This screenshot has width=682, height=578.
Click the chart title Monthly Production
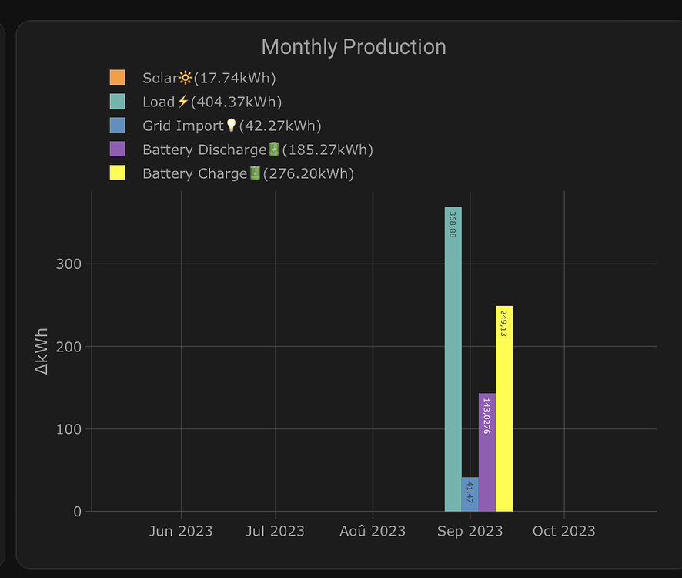[x=353, y=47]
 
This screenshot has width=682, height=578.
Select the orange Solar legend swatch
[x=117, y=78]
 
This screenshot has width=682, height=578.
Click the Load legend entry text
[x=212, y=102]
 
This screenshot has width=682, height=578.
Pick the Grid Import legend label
[x=231, y=126]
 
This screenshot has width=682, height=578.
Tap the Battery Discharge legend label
[x=257, y=150]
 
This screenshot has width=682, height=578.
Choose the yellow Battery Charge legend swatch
[x=117, y=173]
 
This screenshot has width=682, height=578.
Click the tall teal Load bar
[x=453, y=370]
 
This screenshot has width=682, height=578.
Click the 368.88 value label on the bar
[x=453, y=224]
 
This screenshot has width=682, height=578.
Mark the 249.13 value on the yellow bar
[x=504, y=323]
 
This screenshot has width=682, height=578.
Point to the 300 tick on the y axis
[x=69, y=264]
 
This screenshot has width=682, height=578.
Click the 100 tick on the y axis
[x=69, y=429]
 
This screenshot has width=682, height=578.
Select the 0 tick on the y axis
[x=76, y=512]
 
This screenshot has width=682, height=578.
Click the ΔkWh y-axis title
[x=42, y=351]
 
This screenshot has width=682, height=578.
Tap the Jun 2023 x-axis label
[x=181, y=531]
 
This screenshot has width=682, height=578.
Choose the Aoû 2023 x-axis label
[x=373, y=531]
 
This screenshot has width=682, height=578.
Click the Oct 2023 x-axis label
[x=564, y=531]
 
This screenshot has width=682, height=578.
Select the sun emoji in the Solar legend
[x=185, y=78]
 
